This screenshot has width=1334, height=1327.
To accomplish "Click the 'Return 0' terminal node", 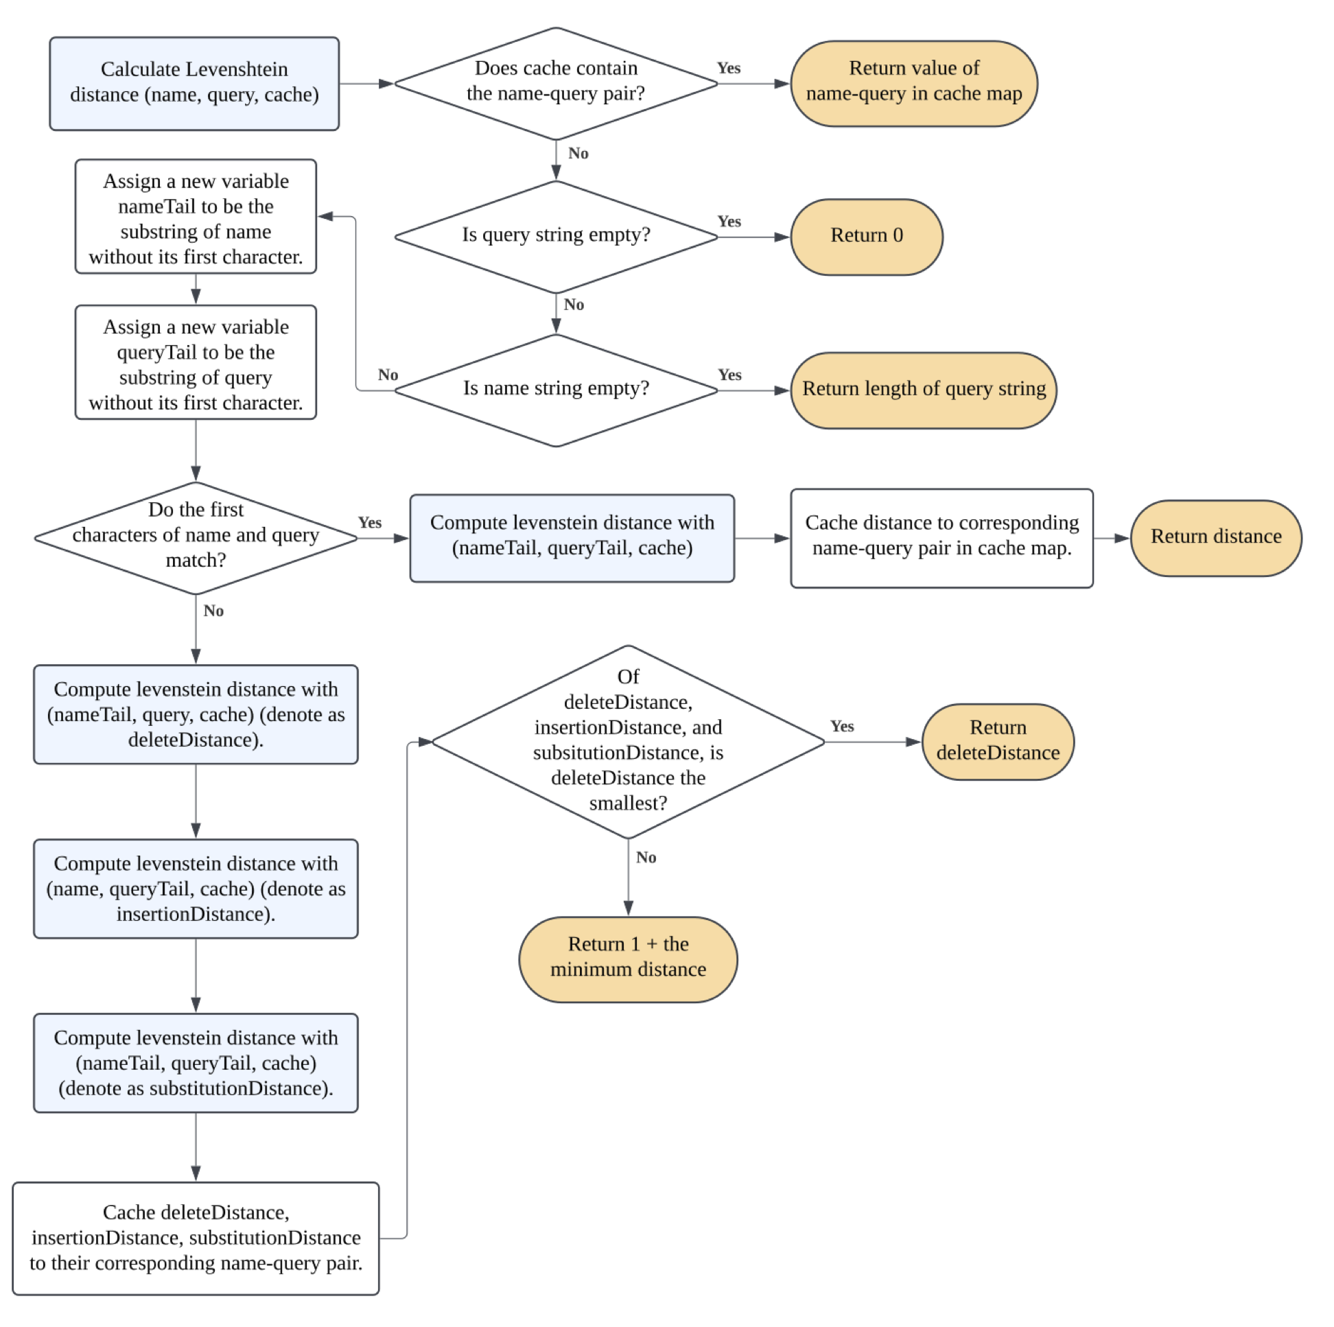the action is tap(866, 237).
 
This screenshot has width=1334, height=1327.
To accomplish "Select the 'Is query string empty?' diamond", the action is tap(556, 237).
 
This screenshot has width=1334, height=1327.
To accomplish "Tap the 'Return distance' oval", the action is tap(1216, 538).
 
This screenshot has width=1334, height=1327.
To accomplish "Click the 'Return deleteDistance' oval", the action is tap(998, 742).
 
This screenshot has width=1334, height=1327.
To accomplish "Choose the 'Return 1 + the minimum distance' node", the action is tap(628, 959).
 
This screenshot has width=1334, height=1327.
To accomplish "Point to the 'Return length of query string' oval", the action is tap(923, 390).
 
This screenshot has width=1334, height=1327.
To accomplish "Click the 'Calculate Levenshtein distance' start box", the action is tap(194, 84).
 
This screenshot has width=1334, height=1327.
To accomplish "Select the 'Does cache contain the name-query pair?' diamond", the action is tap(556, 84).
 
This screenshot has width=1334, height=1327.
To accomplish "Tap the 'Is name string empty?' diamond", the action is tap(556, 390).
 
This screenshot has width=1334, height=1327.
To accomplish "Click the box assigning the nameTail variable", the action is tap(196, 217).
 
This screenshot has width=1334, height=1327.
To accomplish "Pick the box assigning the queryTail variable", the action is tap(196, 362).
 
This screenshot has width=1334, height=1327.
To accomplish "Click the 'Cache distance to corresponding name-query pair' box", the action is tap(941, 538).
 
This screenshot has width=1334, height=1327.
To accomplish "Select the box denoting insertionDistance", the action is tap(196, 889).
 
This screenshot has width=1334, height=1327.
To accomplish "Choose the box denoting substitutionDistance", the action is tap(196, 1063).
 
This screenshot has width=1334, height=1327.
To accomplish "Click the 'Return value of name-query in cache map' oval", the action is tap(913, 84).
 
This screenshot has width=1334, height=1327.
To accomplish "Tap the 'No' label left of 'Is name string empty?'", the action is tap(388, 375).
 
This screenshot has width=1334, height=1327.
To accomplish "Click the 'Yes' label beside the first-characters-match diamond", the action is tap(369, 523).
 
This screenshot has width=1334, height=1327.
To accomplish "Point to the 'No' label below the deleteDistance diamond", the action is tap(646, 858).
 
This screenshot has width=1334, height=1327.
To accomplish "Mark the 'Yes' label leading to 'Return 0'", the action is tap(729, 222).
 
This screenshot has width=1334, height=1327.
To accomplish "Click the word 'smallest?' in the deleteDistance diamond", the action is tap(628, 803).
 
